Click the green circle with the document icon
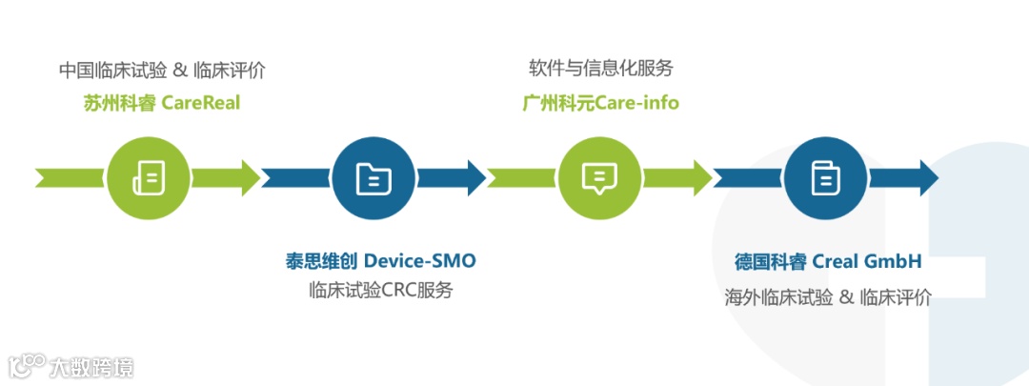pos(148,177)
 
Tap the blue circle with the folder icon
pos(373,177)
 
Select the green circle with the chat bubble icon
pos(599,177)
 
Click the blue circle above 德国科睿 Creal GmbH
pos(825,177)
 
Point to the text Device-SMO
pos(419,260)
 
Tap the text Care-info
pos(637,102)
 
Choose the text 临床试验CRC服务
pos(380,290)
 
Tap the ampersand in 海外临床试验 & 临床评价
pos(845,296)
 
